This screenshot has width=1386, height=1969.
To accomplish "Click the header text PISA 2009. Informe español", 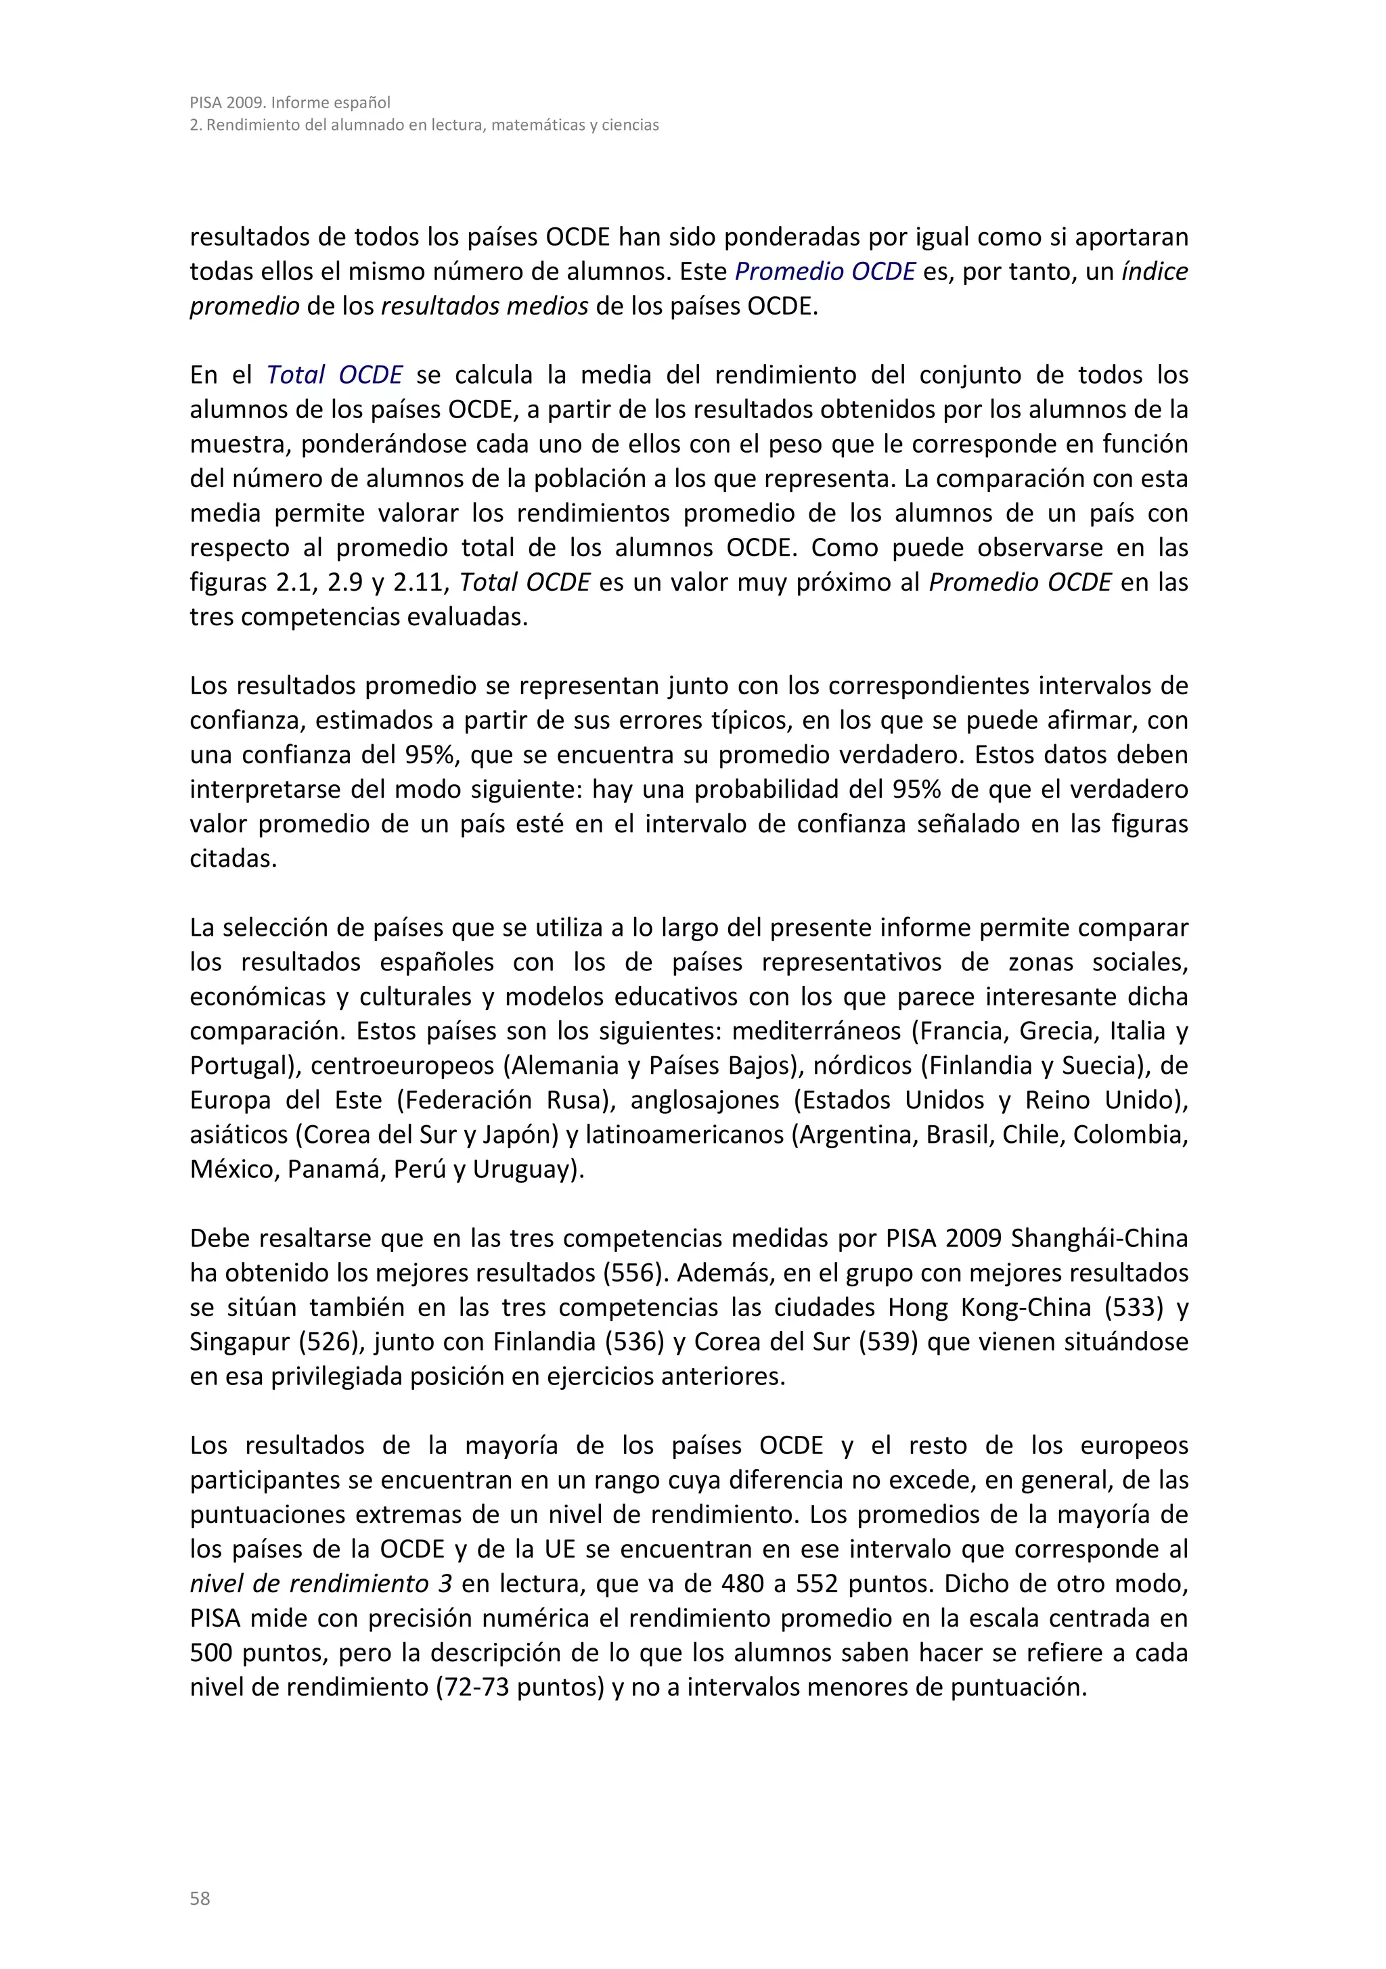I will [290, 102].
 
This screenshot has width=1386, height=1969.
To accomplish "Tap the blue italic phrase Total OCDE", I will [334, 375].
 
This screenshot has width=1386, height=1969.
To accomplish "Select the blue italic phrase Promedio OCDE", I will [825, 271].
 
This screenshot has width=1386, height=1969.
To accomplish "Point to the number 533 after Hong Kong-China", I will [1133, 1307].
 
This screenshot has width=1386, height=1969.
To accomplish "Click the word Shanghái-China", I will [1100, 1238].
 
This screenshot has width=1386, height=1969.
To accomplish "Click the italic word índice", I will [1155, 271].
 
